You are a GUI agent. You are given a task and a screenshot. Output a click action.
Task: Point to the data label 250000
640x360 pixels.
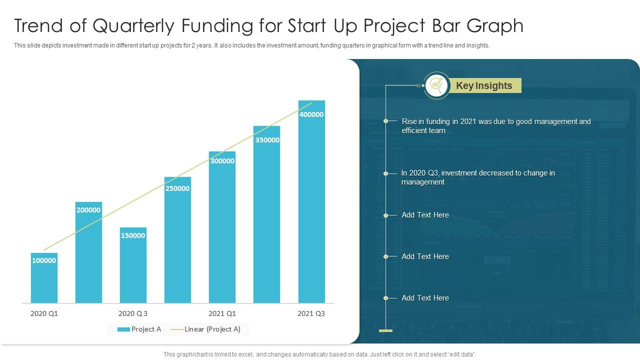click(177, 188)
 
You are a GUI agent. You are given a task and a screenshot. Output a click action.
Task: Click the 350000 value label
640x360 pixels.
click(267, 140)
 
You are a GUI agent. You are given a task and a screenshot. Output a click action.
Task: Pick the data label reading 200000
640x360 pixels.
click(88, 210)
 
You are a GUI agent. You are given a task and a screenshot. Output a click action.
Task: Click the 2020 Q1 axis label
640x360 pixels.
click(44, 313)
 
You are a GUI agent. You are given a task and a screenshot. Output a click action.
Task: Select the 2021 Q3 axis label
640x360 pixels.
click(311, 313)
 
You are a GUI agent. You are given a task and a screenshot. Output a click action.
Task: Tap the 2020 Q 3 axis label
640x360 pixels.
click(133, 313)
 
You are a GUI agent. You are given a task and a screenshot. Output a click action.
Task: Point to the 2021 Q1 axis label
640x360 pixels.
click(222, 313)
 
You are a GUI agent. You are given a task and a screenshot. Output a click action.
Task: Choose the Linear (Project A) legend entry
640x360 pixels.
click(205, 329)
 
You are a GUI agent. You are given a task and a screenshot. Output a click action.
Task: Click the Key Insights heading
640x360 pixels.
click(484, 85)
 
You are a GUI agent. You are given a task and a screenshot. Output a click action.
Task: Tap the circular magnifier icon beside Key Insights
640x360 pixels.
click(436, 85)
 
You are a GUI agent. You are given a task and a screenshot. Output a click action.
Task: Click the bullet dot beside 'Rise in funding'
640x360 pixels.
click(386, 121)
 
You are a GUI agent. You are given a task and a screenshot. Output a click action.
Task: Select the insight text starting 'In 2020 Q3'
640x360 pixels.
click(477, 177)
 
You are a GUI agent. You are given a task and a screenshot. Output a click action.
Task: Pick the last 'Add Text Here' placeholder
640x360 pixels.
click(425, 298)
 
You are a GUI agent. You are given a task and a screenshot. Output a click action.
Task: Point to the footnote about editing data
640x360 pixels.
click(320, 354)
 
